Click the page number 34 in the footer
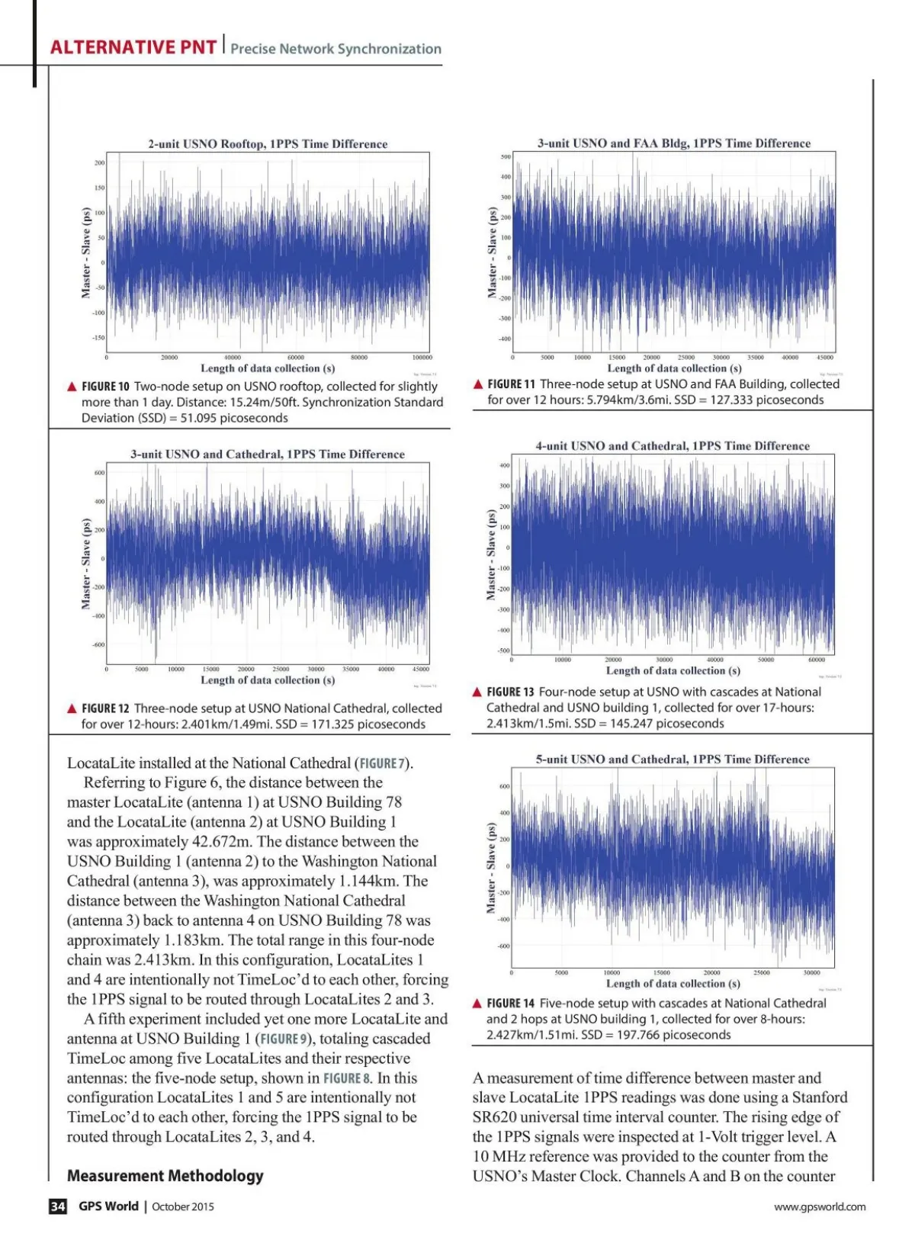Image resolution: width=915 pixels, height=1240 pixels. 58,1206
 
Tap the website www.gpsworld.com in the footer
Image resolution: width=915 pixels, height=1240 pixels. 820,1206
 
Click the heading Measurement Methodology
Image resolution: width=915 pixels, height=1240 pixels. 165,1176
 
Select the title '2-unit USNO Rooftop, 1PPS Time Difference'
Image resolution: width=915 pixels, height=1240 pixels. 268,144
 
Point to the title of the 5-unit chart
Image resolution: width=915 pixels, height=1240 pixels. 673,760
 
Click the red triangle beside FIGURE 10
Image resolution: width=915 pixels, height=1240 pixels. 72,387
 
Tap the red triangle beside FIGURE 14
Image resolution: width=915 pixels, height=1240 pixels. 477,1004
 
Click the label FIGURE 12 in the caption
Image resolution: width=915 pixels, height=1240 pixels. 105,708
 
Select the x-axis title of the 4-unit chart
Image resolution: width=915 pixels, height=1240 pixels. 673,671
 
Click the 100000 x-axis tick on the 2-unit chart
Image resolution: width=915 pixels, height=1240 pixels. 422,357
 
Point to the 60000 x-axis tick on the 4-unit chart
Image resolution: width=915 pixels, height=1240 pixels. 816,660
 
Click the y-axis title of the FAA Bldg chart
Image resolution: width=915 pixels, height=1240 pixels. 492,252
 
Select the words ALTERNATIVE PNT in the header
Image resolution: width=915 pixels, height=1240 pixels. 133,47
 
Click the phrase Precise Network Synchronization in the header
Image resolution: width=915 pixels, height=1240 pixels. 335,49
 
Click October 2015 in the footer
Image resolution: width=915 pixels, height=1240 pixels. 183,1206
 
